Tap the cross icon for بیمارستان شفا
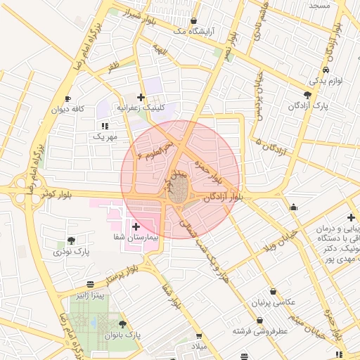[136, 226]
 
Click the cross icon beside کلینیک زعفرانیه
[141, 97]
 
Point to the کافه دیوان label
[67, 109]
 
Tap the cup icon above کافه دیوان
[67, 98]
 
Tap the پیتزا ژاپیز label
[91, 295]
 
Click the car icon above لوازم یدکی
[326, 70]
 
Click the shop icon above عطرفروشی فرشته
[260, 320]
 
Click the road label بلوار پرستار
[138, 269]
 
